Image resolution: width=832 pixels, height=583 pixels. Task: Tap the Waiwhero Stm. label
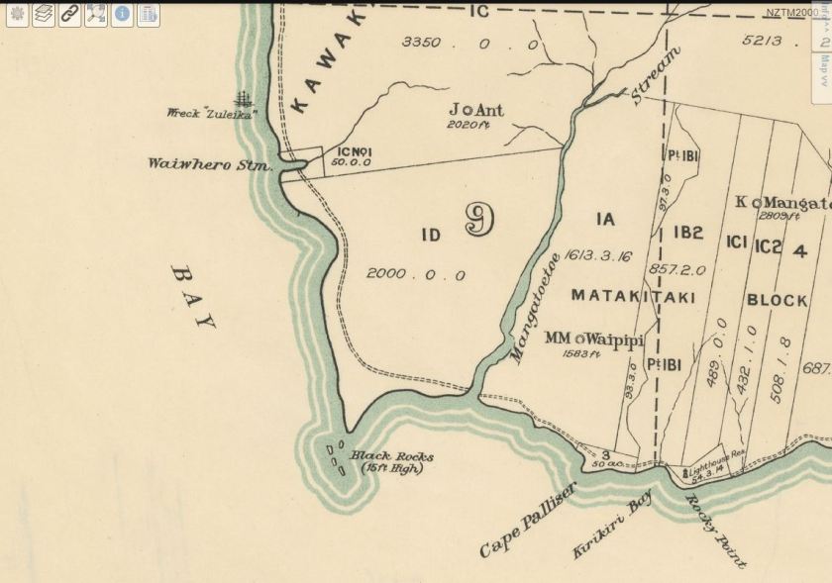pyautogui.click(x=210, y=164)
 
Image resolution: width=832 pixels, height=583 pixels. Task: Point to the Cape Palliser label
pyautogui.click(x=527, y=520)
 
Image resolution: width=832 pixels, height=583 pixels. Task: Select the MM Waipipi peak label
pyautogui.click(x=594, y=340)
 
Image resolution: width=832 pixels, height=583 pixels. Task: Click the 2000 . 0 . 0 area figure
pyautogui.click(x=415, y=274)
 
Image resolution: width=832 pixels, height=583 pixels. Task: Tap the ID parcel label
pyautogui.click(x=430, y=235)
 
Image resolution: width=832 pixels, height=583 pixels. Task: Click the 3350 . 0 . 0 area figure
pyautogui.click(x=470, y=44)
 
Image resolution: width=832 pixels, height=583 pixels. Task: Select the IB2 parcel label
pyautogui.click(x=688, y=233)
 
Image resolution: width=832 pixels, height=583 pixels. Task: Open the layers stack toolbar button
pyautogui.click(x=44, y=15)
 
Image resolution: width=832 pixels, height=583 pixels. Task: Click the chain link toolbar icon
pyautogui.click(x=69, y=15)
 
